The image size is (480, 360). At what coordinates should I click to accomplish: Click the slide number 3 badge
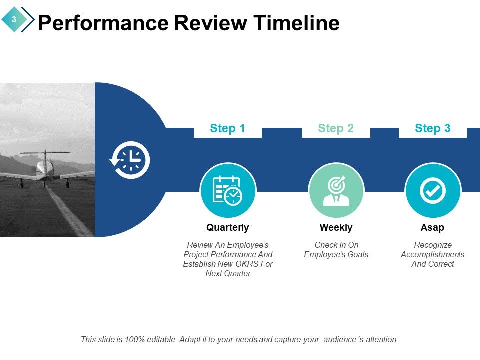coord(14,19)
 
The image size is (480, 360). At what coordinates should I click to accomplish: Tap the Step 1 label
coord(227,128)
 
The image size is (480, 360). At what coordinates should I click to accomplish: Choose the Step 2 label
coord(336,128)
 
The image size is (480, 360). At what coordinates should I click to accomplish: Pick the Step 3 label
coord(432,128)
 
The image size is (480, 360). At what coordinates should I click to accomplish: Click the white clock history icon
coord(130,160)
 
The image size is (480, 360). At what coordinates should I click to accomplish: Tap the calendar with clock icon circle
coord(228,191)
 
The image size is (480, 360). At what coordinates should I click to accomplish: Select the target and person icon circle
coord(336,191)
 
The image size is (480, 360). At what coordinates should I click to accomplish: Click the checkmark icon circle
coord(432,191)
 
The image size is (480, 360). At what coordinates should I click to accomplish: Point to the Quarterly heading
coord(227,227)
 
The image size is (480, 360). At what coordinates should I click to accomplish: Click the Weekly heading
coord(336,227)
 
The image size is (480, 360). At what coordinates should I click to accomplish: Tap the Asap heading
coord(432,227)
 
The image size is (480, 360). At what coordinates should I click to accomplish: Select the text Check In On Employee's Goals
coord(336,250)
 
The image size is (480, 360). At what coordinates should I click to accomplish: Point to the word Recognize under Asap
coord(432,245)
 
